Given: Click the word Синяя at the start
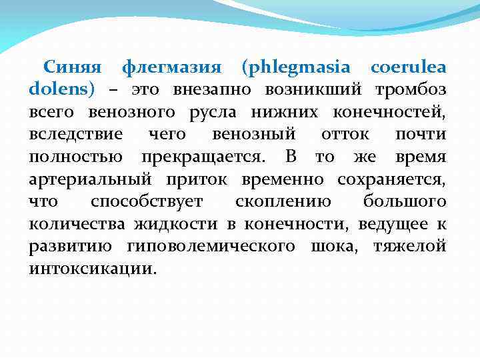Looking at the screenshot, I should click(x=72, y=67).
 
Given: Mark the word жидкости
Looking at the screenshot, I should click(x=176, y=225).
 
